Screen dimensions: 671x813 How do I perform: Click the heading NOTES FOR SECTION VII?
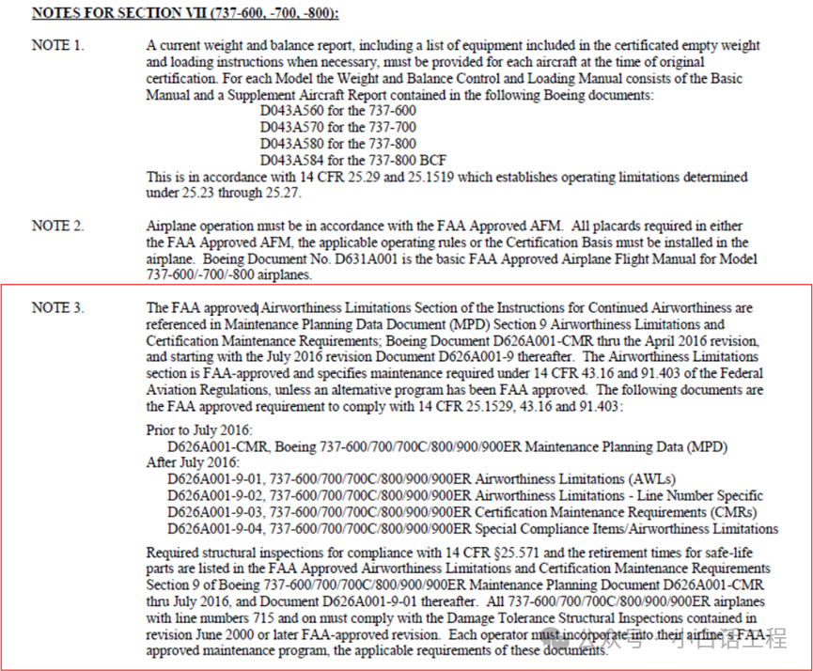[185, 14]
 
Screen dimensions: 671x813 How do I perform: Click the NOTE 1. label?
[57, 45]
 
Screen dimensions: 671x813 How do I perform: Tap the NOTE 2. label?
[57, 226]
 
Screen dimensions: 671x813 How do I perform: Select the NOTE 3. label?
[57, 307]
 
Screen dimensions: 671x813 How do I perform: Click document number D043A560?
[292, 111]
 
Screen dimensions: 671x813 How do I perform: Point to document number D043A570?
[292, 127]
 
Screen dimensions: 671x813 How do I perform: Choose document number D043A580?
[292, 144]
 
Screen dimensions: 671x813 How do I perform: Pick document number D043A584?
[292, 160]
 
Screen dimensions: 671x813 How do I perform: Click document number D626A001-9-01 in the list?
[215, 479]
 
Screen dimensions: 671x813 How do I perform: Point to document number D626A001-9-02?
[215, 495]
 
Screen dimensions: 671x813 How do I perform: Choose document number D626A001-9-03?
[215, 512]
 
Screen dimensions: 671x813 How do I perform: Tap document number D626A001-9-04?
[215, 528]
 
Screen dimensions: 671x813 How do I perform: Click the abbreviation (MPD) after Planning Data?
[704, 446]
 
